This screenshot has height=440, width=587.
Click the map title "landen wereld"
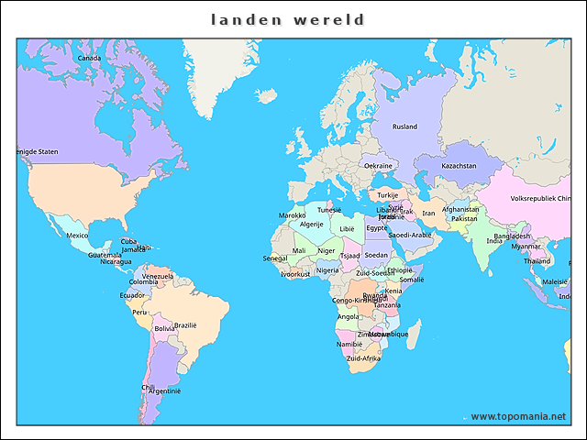[x=288, y=19]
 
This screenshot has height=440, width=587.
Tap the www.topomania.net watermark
[x=518, y=417]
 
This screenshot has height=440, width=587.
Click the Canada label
[x=89, y=58]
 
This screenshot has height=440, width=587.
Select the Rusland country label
[x=404, y=126]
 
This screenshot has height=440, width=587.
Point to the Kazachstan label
[x=459, y=166]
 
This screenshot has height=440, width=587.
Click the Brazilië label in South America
[x=185, y=324]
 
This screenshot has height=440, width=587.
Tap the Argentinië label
[x=165, y=390]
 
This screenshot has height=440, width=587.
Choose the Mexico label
[x=77, y=236]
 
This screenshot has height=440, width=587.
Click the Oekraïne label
[x=378, y=166]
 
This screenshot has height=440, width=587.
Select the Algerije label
[x=312, y=224]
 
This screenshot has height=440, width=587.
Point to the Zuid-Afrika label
[x=363, y=358]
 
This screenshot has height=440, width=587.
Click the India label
[x=493, y=241]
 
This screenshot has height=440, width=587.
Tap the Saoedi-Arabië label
[x=410, y=235]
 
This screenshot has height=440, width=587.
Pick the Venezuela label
[x=158, y=275]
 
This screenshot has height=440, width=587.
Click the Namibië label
[x=349, y=344]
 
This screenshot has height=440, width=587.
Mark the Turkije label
[x=388, y=194]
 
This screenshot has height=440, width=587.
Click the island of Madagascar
[x=414, y=335]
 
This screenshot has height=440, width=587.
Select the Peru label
[x=139, y=312]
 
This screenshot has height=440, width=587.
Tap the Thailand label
[x=537, y=261]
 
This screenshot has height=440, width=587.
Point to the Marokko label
[x=293, y=215]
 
